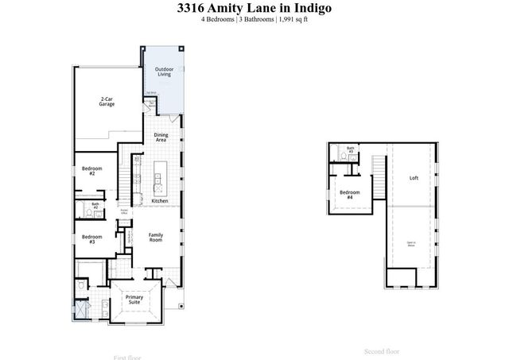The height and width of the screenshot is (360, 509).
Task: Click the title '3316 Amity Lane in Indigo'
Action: [254, 8]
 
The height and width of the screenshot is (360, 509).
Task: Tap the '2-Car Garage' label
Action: [107, 102]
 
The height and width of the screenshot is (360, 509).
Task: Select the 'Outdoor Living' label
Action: [165, 72]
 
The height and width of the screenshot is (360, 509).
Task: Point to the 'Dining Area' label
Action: [160, 137]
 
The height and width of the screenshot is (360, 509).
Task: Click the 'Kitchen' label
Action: [160, 201]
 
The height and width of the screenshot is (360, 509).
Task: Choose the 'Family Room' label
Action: [156, 237]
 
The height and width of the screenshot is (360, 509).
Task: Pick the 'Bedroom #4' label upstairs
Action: [350, 195]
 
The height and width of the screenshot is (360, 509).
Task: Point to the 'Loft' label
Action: [414, 178]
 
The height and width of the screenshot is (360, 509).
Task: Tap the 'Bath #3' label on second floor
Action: [351, 149]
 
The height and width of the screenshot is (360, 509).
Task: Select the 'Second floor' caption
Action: [381, 350]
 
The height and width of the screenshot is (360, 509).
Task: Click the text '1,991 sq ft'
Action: [292, 19]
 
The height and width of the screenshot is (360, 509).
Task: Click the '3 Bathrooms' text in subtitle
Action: [255, 19]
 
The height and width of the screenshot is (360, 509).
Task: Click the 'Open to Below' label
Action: [411, 244]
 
